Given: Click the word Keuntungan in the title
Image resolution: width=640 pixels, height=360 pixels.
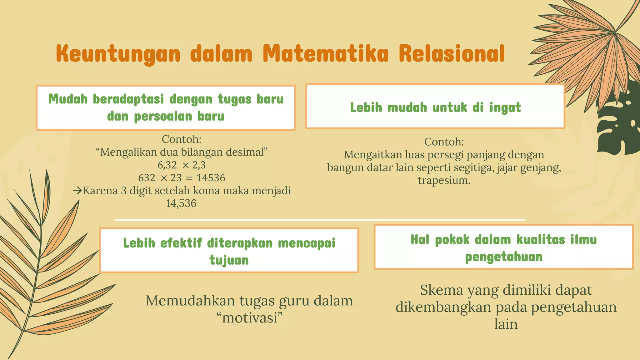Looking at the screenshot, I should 118,54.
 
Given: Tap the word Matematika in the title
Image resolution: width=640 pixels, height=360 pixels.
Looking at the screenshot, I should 325,54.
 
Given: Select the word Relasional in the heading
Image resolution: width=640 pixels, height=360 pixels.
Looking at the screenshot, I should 452,54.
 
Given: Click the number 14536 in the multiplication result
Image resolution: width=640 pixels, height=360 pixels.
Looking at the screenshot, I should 211,178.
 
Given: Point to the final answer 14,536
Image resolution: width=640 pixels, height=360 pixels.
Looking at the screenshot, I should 181,203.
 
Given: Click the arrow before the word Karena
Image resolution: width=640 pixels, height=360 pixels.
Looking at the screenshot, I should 77,190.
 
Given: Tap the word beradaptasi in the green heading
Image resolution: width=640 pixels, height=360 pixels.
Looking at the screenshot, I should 128,99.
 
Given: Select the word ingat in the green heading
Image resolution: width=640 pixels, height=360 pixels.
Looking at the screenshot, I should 505,107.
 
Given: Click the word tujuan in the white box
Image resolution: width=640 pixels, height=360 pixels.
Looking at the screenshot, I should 229,260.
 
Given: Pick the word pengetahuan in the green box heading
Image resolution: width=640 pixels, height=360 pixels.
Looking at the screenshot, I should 504,257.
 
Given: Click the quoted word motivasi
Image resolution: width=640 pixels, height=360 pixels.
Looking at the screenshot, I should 250,318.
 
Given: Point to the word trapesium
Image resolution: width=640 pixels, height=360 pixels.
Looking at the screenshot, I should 444,180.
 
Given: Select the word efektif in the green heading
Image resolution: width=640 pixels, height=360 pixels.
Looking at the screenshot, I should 181,243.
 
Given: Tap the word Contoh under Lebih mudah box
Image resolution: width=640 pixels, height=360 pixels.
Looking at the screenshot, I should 444,142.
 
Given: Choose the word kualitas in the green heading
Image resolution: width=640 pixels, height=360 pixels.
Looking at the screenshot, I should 541,240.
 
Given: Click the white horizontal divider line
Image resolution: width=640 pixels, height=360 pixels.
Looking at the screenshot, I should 320,220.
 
